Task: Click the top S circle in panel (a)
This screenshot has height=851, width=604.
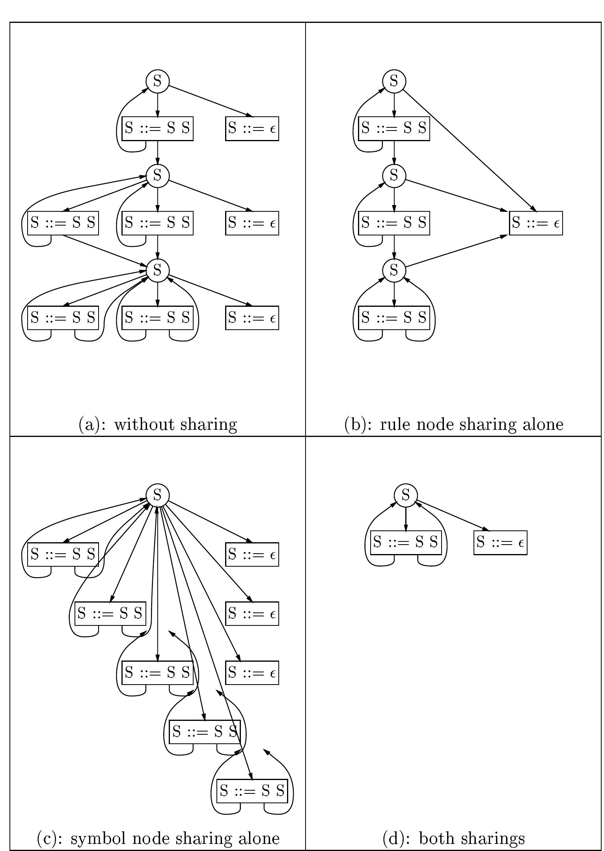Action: [x=157, y=81]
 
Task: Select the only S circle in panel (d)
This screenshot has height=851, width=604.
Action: [x=406, y=495]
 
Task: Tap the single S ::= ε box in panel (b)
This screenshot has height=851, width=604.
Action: [x=536, y=223]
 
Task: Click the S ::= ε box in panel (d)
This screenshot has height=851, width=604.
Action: [x=500, y=543]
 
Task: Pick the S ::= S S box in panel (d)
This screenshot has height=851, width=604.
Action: [x=406, y=542]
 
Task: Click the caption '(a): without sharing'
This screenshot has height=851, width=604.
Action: [x=158, y=424]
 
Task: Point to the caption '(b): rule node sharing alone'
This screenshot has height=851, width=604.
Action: [x=453, y=424]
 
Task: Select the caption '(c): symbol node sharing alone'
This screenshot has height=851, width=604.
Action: [x=158, y=838]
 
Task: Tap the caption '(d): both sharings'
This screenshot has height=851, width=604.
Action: [x=453, y=838]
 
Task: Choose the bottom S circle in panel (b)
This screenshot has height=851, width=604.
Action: [x=394, y=271]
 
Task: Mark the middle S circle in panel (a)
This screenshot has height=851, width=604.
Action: [x=157, y=175]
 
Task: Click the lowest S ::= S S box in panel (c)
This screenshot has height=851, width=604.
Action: [x=252, y=791]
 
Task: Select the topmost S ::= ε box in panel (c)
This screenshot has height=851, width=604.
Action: [x=252, y=554]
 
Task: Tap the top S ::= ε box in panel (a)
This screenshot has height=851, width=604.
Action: [x=252, y=129]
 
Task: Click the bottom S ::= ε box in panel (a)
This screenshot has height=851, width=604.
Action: [x=252, y=318]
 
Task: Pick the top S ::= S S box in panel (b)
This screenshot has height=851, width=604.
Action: [x=394, y=129]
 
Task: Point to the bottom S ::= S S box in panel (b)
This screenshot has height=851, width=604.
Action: [x=394, y=318]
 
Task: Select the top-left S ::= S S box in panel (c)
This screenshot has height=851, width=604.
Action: [x=63, y=554]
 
